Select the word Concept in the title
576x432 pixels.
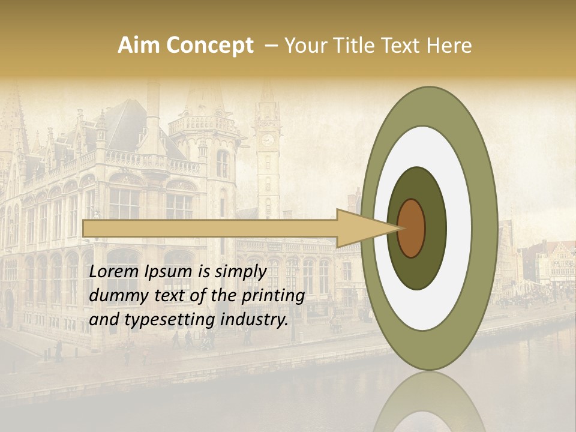pyautogui.click(x=209, y=46)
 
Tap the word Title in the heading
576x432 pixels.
pyautogui.click(x=354, y=46)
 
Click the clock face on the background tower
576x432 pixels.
pyautogui.click(x=268, y=140)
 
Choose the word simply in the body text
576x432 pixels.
pyautogui.click(x=241, y=272)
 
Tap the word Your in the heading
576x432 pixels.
pyautogui.click(x=305, y=46)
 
